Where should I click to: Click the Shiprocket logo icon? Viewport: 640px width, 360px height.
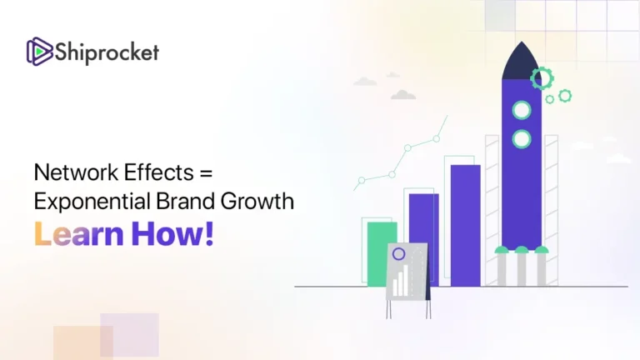point(40,52)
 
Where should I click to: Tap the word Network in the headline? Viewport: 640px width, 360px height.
point(72,173)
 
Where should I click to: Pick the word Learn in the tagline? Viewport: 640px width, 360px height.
point(77,233)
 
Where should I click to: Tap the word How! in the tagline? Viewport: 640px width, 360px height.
point(173,233)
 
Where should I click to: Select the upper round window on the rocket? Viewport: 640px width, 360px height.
point(522,110)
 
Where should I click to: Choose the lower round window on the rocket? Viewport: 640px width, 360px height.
point(522,139)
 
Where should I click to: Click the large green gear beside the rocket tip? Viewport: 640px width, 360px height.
point(542,78)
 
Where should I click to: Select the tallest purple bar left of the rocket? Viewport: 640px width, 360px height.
point(465,225)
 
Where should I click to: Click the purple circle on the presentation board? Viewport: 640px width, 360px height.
point(399,253)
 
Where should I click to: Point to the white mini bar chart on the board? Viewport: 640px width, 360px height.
point(402,282)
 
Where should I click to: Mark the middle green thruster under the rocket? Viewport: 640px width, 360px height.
point(522,249)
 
